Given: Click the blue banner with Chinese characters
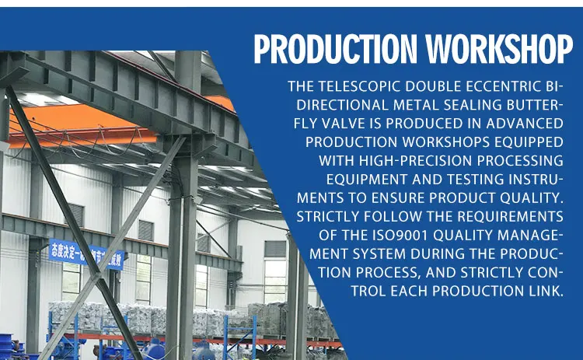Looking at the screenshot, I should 86,254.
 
